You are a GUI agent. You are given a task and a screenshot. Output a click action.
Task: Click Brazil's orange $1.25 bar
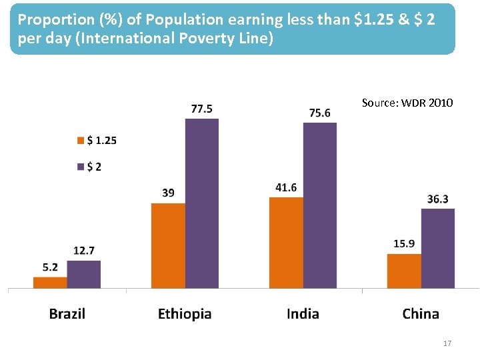click(50, 283)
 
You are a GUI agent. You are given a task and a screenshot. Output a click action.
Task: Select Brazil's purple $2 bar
click(84, 275)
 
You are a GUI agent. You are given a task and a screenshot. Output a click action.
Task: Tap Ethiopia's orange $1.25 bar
click(168, 245)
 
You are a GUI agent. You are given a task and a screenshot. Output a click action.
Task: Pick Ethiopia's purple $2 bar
click(202, 203)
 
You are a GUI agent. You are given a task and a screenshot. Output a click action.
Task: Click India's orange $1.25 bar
click(286, 243)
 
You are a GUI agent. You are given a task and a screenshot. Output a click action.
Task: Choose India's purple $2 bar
click(320, 205)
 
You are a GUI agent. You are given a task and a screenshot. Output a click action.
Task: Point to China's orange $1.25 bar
click(404, 271)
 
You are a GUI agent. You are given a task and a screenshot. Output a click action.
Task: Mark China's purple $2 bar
click(438, 248)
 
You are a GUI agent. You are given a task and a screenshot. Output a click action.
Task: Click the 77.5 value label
click(202, 109)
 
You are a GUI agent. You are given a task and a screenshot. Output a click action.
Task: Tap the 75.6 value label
click(320, 113)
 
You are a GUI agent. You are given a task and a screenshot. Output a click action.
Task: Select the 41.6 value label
click(286, 187)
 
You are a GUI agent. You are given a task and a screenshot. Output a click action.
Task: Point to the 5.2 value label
click(50, 267)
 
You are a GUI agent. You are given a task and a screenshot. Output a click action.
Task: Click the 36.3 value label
click(437, 199)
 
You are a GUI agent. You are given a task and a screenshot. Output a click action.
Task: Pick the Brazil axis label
click(67, 314)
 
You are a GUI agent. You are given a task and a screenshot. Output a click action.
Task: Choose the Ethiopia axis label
click(185, 314)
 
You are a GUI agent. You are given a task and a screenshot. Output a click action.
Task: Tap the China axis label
click(421, 314)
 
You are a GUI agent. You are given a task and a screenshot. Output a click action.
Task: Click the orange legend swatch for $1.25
click(81, 141)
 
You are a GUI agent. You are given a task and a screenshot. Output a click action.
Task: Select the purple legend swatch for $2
click(81, 167)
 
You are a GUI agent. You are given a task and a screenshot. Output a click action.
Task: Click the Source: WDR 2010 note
click(407, 103)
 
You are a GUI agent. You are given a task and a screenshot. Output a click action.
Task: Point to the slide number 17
click(447, 343)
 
